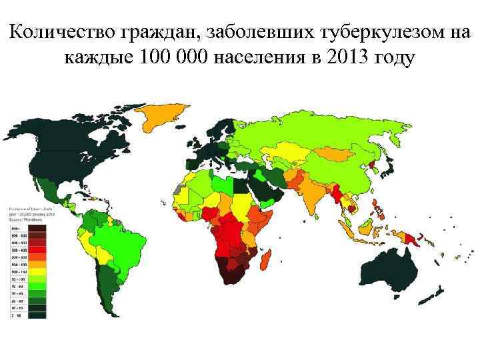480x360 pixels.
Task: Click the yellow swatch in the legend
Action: (x=36, y=271)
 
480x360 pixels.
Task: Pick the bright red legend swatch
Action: (x=36, y=249)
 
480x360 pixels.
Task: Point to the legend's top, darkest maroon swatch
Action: (x=36, y=227)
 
